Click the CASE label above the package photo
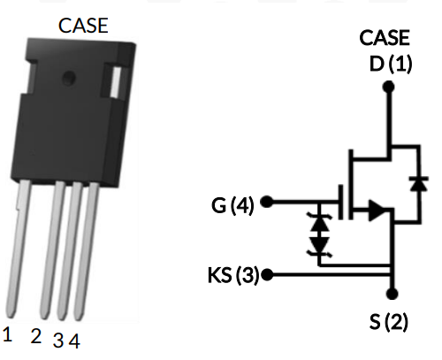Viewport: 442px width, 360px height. [x=83, y=26]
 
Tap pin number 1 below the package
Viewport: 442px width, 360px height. [x=7, y=334]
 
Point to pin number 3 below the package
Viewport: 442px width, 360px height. [x=58, y=340]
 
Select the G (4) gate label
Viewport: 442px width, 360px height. [x=232, y=207]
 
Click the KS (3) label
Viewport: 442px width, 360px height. [x=226, y=274]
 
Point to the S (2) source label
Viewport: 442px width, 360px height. [x=389, y=322]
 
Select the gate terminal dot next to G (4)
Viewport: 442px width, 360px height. [x=268, y=203]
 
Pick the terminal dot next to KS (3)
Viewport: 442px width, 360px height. [x=267, y=274]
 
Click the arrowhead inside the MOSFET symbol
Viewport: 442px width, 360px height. [x=376, y=211]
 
